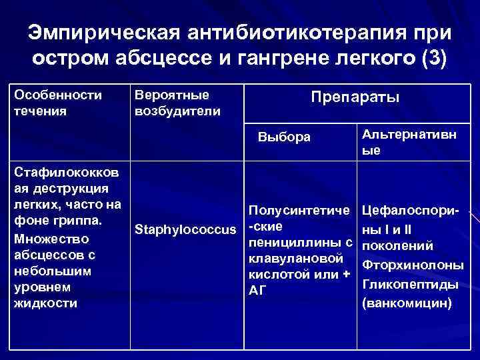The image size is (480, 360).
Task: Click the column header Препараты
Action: point(355,98)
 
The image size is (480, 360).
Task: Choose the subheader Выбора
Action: point(284,137)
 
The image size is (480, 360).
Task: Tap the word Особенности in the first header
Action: point(57,95)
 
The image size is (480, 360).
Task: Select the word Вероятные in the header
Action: point(172,95)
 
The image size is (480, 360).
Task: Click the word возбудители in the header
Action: point(177,111)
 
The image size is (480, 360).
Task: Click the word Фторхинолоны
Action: point(412,265)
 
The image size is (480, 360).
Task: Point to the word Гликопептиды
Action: point(409,284)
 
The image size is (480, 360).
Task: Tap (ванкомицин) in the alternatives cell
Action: point(406,303)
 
